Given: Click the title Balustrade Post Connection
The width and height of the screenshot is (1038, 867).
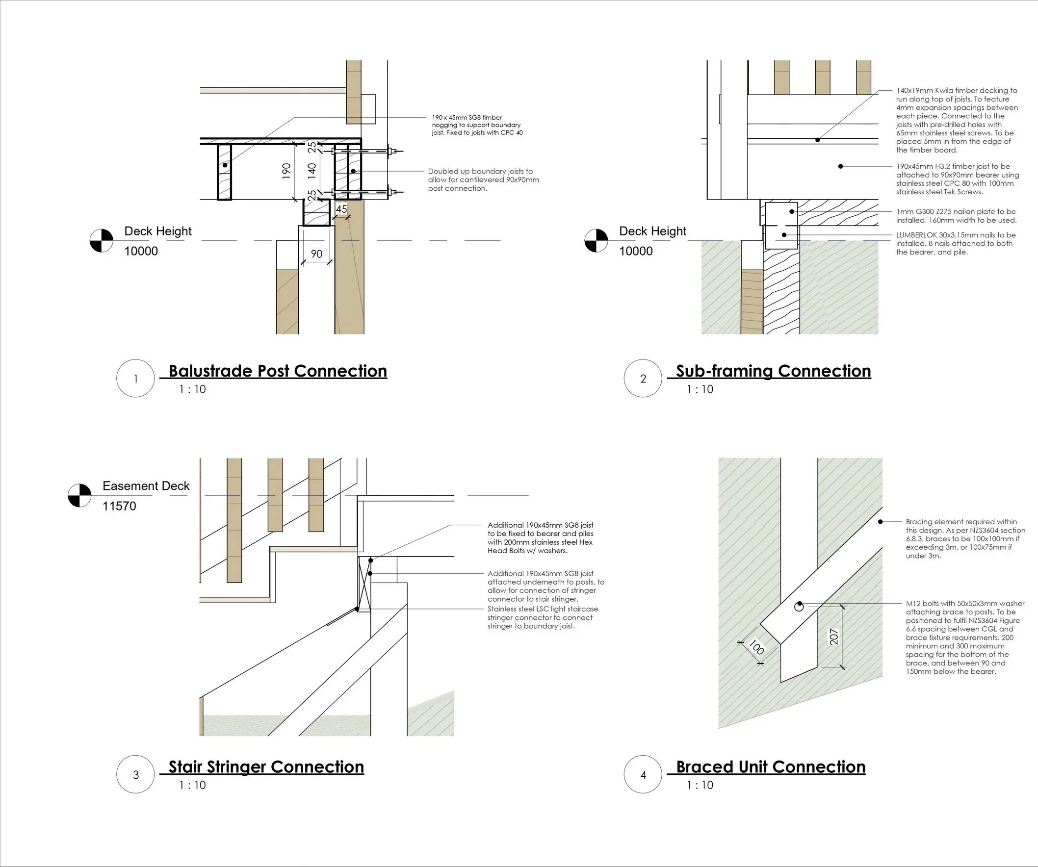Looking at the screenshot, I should [x=278, y=371].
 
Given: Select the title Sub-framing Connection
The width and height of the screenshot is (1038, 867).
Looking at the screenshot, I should [x=773, y=371].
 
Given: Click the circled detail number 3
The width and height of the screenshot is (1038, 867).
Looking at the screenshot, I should [x=136, y=775].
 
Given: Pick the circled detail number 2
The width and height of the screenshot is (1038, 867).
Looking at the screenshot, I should [x=643, y=379].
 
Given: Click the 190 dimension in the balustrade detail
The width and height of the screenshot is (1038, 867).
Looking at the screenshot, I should [x=286, y=171].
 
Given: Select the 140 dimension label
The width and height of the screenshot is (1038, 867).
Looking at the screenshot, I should [x=312, y=171].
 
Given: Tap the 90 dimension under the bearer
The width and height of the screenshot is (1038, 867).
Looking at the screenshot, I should [x=316, y=254].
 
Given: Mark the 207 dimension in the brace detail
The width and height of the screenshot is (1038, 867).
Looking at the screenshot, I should [x=834, y=637].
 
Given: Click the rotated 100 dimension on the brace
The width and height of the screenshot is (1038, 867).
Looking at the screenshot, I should [x=756, y=647].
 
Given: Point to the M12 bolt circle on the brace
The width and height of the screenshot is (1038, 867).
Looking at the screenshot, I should [x=799, y=607].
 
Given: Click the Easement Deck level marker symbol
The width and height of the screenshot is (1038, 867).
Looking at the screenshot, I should [x=79, y=495].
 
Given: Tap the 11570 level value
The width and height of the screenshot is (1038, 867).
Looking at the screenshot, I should [x=119, y=506].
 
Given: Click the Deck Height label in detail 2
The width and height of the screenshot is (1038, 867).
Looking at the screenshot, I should [x=652, y=231].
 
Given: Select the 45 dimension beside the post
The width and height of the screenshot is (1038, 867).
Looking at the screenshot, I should [x=341, y=209].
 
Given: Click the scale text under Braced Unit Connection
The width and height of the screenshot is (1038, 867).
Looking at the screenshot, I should [x=700, y=785].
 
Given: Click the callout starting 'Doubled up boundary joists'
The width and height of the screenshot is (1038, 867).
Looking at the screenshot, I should [x=483, y=180].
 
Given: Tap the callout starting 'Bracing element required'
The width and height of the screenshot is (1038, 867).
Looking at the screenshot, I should [x=962, y=538].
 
